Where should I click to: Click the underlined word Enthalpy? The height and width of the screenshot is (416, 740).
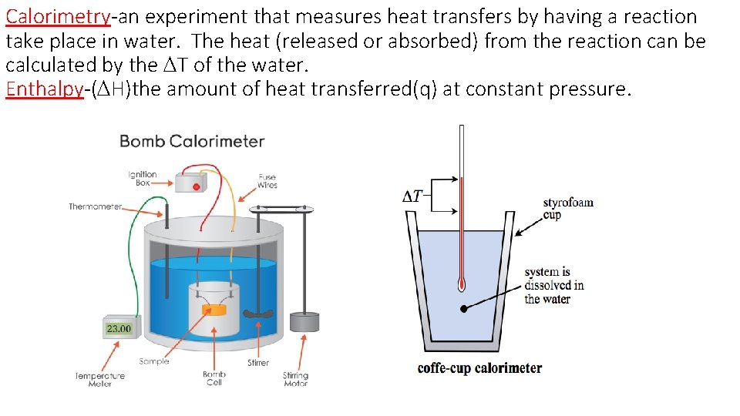43,89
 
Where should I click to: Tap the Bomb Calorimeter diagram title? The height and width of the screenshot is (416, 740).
192,141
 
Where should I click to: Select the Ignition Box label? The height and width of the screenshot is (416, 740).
143,179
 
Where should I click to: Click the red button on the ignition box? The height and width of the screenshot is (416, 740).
196,186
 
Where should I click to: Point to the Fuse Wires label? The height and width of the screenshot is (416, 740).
267,181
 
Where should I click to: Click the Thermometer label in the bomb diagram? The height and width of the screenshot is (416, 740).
95,206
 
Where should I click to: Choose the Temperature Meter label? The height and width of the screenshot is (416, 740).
99,379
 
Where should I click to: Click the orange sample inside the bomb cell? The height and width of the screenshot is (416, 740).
216,309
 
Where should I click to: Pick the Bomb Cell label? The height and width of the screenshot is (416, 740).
214,378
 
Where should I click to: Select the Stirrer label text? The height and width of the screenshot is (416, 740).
258,362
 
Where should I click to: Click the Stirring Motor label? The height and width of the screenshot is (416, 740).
295,379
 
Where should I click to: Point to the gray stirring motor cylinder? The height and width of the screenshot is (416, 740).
304,324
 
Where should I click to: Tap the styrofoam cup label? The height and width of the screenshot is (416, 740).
568,208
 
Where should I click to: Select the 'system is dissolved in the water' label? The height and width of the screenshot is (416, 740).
553,285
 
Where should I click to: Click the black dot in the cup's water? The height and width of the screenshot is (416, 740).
464,309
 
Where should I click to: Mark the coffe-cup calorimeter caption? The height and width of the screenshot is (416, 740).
479,367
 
